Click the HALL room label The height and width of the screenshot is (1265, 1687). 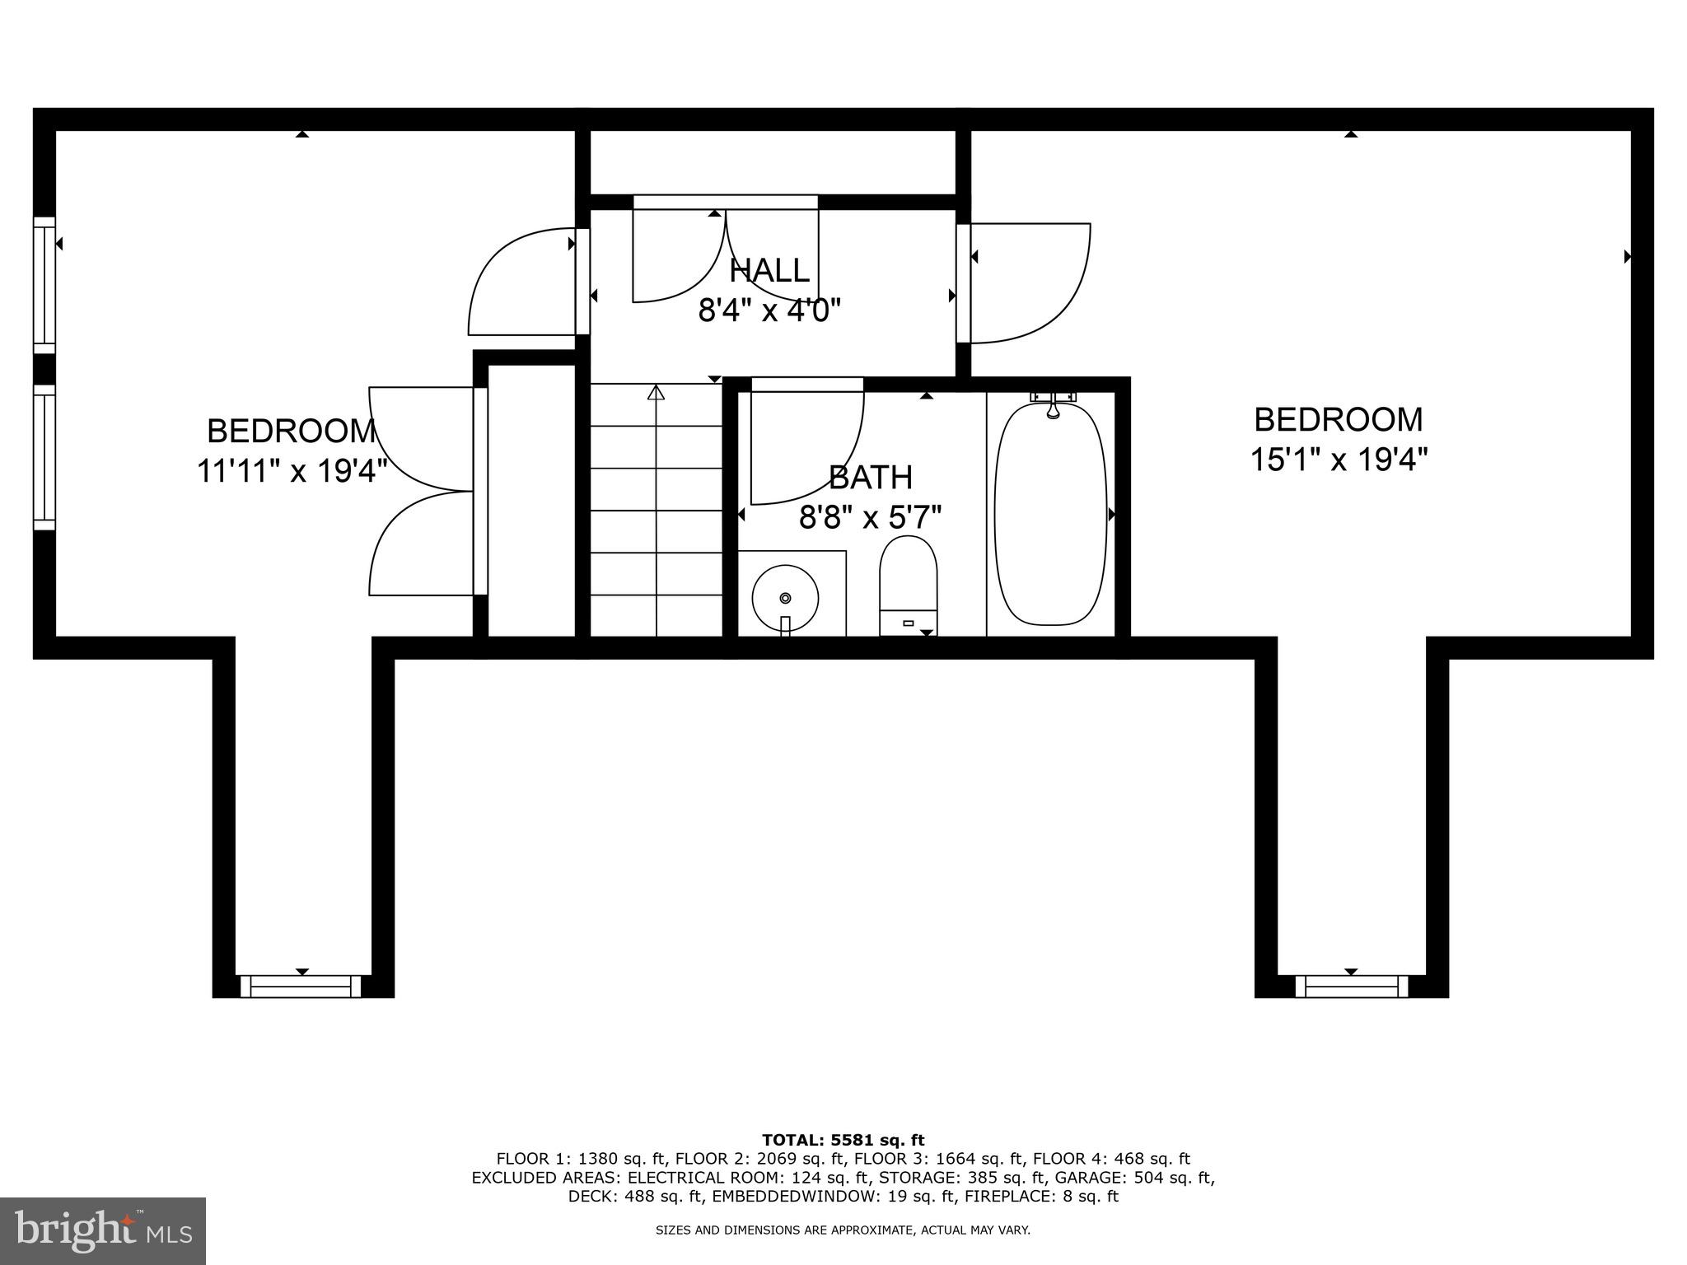point(769,270)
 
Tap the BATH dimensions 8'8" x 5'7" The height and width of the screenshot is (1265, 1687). point(870,518)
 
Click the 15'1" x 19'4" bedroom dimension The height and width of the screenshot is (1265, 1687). point(1339,460)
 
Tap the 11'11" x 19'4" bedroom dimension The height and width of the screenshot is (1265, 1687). point(292,472)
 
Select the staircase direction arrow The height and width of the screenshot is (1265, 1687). point(656,393)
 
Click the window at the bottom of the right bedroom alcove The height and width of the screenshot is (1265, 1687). point(1351,986)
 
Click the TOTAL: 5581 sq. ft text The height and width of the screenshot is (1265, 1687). point(843,1141)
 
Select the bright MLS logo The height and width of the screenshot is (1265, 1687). point(103,1231)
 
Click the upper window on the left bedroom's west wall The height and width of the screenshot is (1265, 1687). point(44,284)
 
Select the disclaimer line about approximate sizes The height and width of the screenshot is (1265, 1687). point(843,1230)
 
